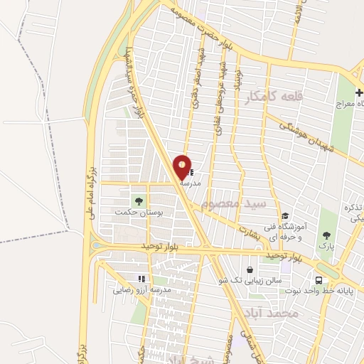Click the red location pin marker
[182, 167]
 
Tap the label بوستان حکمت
[139, 212]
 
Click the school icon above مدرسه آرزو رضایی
[141, 279]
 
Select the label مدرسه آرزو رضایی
[141, 290]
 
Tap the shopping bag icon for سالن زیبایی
[250, 270]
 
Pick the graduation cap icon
[285, 216]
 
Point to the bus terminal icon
[318, 279]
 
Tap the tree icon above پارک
[326, 235]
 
